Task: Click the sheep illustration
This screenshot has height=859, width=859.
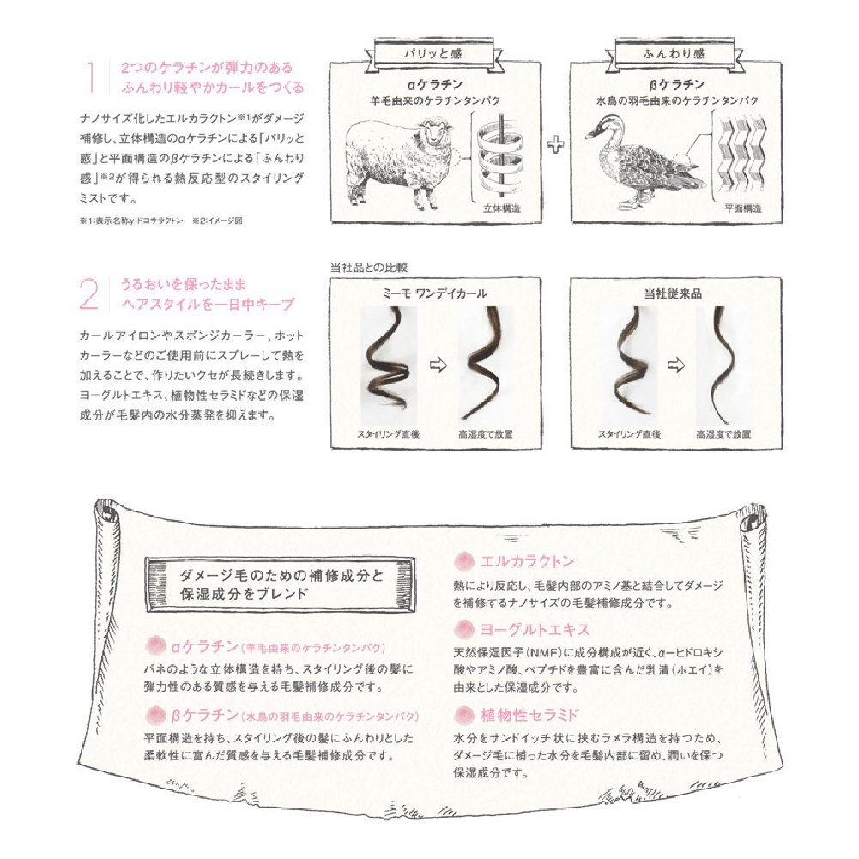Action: [400, 162]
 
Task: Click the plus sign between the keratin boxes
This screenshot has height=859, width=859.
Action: [555, 144]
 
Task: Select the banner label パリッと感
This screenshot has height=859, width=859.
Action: [433, 54]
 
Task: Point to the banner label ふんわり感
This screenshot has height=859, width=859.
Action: [674, 54]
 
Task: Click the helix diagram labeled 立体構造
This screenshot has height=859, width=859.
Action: [499, 157]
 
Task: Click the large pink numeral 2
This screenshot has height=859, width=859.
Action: [89, 294]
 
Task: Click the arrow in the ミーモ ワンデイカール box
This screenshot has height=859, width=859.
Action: [439, 365]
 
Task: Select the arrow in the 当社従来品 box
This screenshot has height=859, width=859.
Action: [676, 365]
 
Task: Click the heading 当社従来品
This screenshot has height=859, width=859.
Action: [674, 293]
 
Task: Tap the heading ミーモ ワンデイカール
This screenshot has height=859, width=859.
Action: [435, 293]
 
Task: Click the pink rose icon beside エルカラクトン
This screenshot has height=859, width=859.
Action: [464, 561]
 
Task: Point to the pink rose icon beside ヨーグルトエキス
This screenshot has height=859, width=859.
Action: [464, 630]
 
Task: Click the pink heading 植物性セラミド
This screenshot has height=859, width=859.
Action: [529, 714]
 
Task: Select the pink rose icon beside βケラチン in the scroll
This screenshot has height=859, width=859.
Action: [155, 715]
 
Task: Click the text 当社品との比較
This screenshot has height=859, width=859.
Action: [369, 268]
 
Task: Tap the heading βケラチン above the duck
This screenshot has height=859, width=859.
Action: [677, 84]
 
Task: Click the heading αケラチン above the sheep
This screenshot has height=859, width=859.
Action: [436, 84]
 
